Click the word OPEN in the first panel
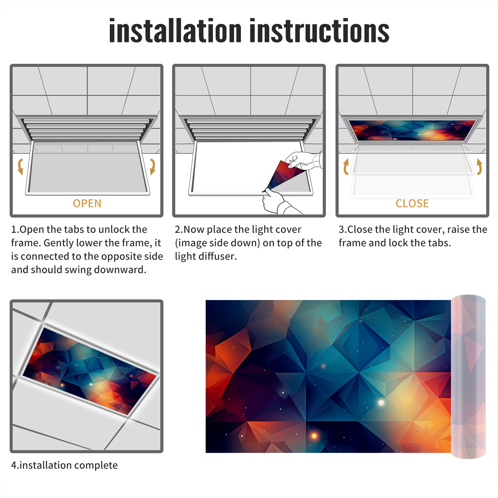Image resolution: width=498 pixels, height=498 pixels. click(87, 203)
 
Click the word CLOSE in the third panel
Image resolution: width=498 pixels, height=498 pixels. click(412, 203)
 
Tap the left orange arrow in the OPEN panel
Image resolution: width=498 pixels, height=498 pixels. click(21, 167)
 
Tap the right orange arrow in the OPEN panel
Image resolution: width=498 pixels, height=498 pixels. click(153, 167)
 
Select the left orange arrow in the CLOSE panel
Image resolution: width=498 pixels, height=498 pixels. click(346, 167)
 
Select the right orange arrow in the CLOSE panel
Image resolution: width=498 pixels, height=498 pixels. click(479, 167)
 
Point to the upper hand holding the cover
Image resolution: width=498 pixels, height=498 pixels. click(303, 160)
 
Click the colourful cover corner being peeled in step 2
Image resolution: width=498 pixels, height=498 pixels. click(283, 176)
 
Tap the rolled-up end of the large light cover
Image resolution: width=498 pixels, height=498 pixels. click(468, 377)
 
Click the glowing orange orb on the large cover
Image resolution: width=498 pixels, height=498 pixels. click(314, 436)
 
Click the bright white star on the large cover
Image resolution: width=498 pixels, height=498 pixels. click(381, 403)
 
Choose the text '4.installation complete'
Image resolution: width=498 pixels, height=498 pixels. click(64, 465)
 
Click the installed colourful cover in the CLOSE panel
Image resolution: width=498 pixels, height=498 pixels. click(412, 130)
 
